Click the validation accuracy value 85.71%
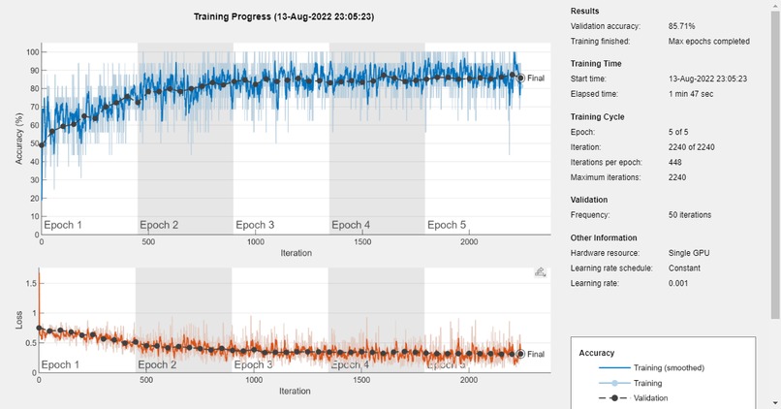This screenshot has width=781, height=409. [x=685, y=27]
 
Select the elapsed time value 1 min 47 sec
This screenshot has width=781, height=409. [x=693, y=93]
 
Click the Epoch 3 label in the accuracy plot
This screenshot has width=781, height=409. [x=255, y=226]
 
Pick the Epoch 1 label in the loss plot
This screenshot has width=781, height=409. [x=61, y=365]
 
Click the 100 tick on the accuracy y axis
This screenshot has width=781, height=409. [x=32, y=52]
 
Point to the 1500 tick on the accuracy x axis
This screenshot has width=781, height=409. [x=363, y=242]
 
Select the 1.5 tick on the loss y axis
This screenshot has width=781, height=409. [x=29, y=285]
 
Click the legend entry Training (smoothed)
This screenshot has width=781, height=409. [x=669, y=368]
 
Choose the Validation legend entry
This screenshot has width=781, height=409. [x=651, y=397]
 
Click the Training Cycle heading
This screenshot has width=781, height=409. [x=598, y=116]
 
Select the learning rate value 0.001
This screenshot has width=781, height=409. [x=681, y=283]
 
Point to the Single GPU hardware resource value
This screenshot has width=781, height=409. [x=689, y=252]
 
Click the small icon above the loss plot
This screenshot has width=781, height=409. [x=540, y=273]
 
